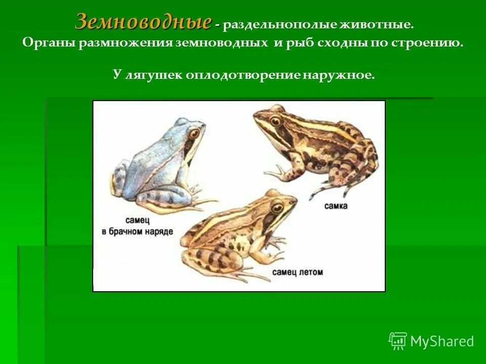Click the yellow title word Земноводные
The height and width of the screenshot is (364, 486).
143,22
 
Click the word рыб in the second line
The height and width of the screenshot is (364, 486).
299,43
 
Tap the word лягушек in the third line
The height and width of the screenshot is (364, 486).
153,76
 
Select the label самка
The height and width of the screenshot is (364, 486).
337,206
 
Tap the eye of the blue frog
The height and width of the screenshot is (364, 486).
194,133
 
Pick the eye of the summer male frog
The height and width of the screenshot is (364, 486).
277,207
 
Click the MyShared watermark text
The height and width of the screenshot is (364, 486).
442,341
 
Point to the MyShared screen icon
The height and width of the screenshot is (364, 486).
398,341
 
